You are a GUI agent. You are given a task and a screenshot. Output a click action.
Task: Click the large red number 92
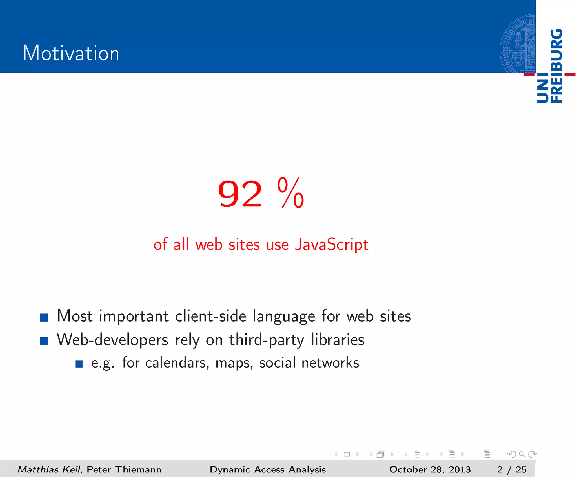click(240, 194)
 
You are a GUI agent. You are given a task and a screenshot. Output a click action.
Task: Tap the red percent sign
click(290, 193)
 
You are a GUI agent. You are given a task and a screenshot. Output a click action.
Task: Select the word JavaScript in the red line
click(332, 244)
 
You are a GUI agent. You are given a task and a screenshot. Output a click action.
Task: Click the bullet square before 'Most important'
click(44, 317)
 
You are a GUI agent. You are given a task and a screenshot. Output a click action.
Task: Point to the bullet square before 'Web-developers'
click(44, 341)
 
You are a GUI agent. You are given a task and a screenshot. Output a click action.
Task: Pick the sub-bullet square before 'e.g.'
click(79, 364)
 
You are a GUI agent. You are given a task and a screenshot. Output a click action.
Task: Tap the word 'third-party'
click(266, 340)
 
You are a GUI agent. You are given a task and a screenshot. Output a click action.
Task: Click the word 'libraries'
click(338, 340)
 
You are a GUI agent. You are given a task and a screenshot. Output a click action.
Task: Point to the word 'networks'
click(330, 363)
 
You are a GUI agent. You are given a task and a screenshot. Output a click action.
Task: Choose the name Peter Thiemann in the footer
click(124, 469)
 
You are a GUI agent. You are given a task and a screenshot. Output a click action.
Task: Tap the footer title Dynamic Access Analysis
click(268, 469)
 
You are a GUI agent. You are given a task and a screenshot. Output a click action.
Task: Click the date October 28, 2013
click(430, 469)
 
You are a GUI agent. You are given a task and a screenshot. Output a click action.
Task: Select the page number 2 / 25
click(512, 469)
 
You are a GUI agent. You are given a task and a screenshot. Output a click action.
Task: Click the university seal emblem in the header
click(518, 44)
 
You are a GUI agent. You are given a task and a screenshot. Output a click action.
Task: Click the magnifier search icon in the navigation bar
click(522, 454)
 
